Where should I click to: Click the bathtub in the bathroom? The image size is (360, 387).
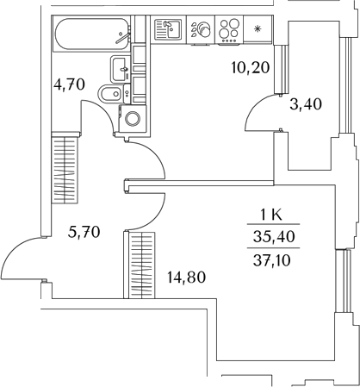(x=91, y=34)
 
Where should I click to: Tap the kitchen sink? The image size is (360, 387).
(x=169, y=29)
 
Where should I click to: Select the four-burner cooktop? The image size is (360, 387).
(x=229, y=30)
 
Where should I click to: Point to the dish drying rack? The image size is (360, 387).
(x=201, y=30)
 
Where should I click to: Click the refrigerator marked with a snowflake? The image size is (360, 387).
(x=258, y=29)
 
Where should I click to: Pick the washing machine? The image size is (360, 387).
(x=133, y=119)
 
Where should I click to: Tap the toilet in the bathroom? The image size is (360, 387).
(x=113, y=94)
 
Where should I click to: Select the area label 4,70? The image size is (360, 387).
(x=70, y=84)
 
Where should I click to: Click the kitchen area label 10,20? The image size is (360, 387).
(x=251, y=68)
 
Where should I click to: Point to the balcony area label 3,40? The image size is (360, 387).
(x=306, y=104)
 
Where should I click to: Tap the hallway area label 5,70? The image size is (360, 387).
(x=84, y=232)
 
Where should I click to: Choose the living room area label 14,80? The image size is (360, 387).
(x=187, y=278)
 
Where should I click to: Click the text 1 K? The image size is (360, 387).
(x=271, y=215)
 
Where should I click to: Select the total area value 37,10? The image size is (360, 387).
(x=272, y=260)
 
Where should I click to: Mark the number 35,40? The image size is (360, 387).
(x=274, y=237)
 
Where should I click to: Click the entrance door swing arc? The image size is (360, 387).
(x=13, y=249)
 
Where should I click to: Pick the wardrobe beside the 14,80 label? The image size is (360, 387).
(x=140, y=265)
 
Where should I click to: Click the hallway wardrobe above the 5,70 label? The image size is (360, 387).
(x=65, y=169)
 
